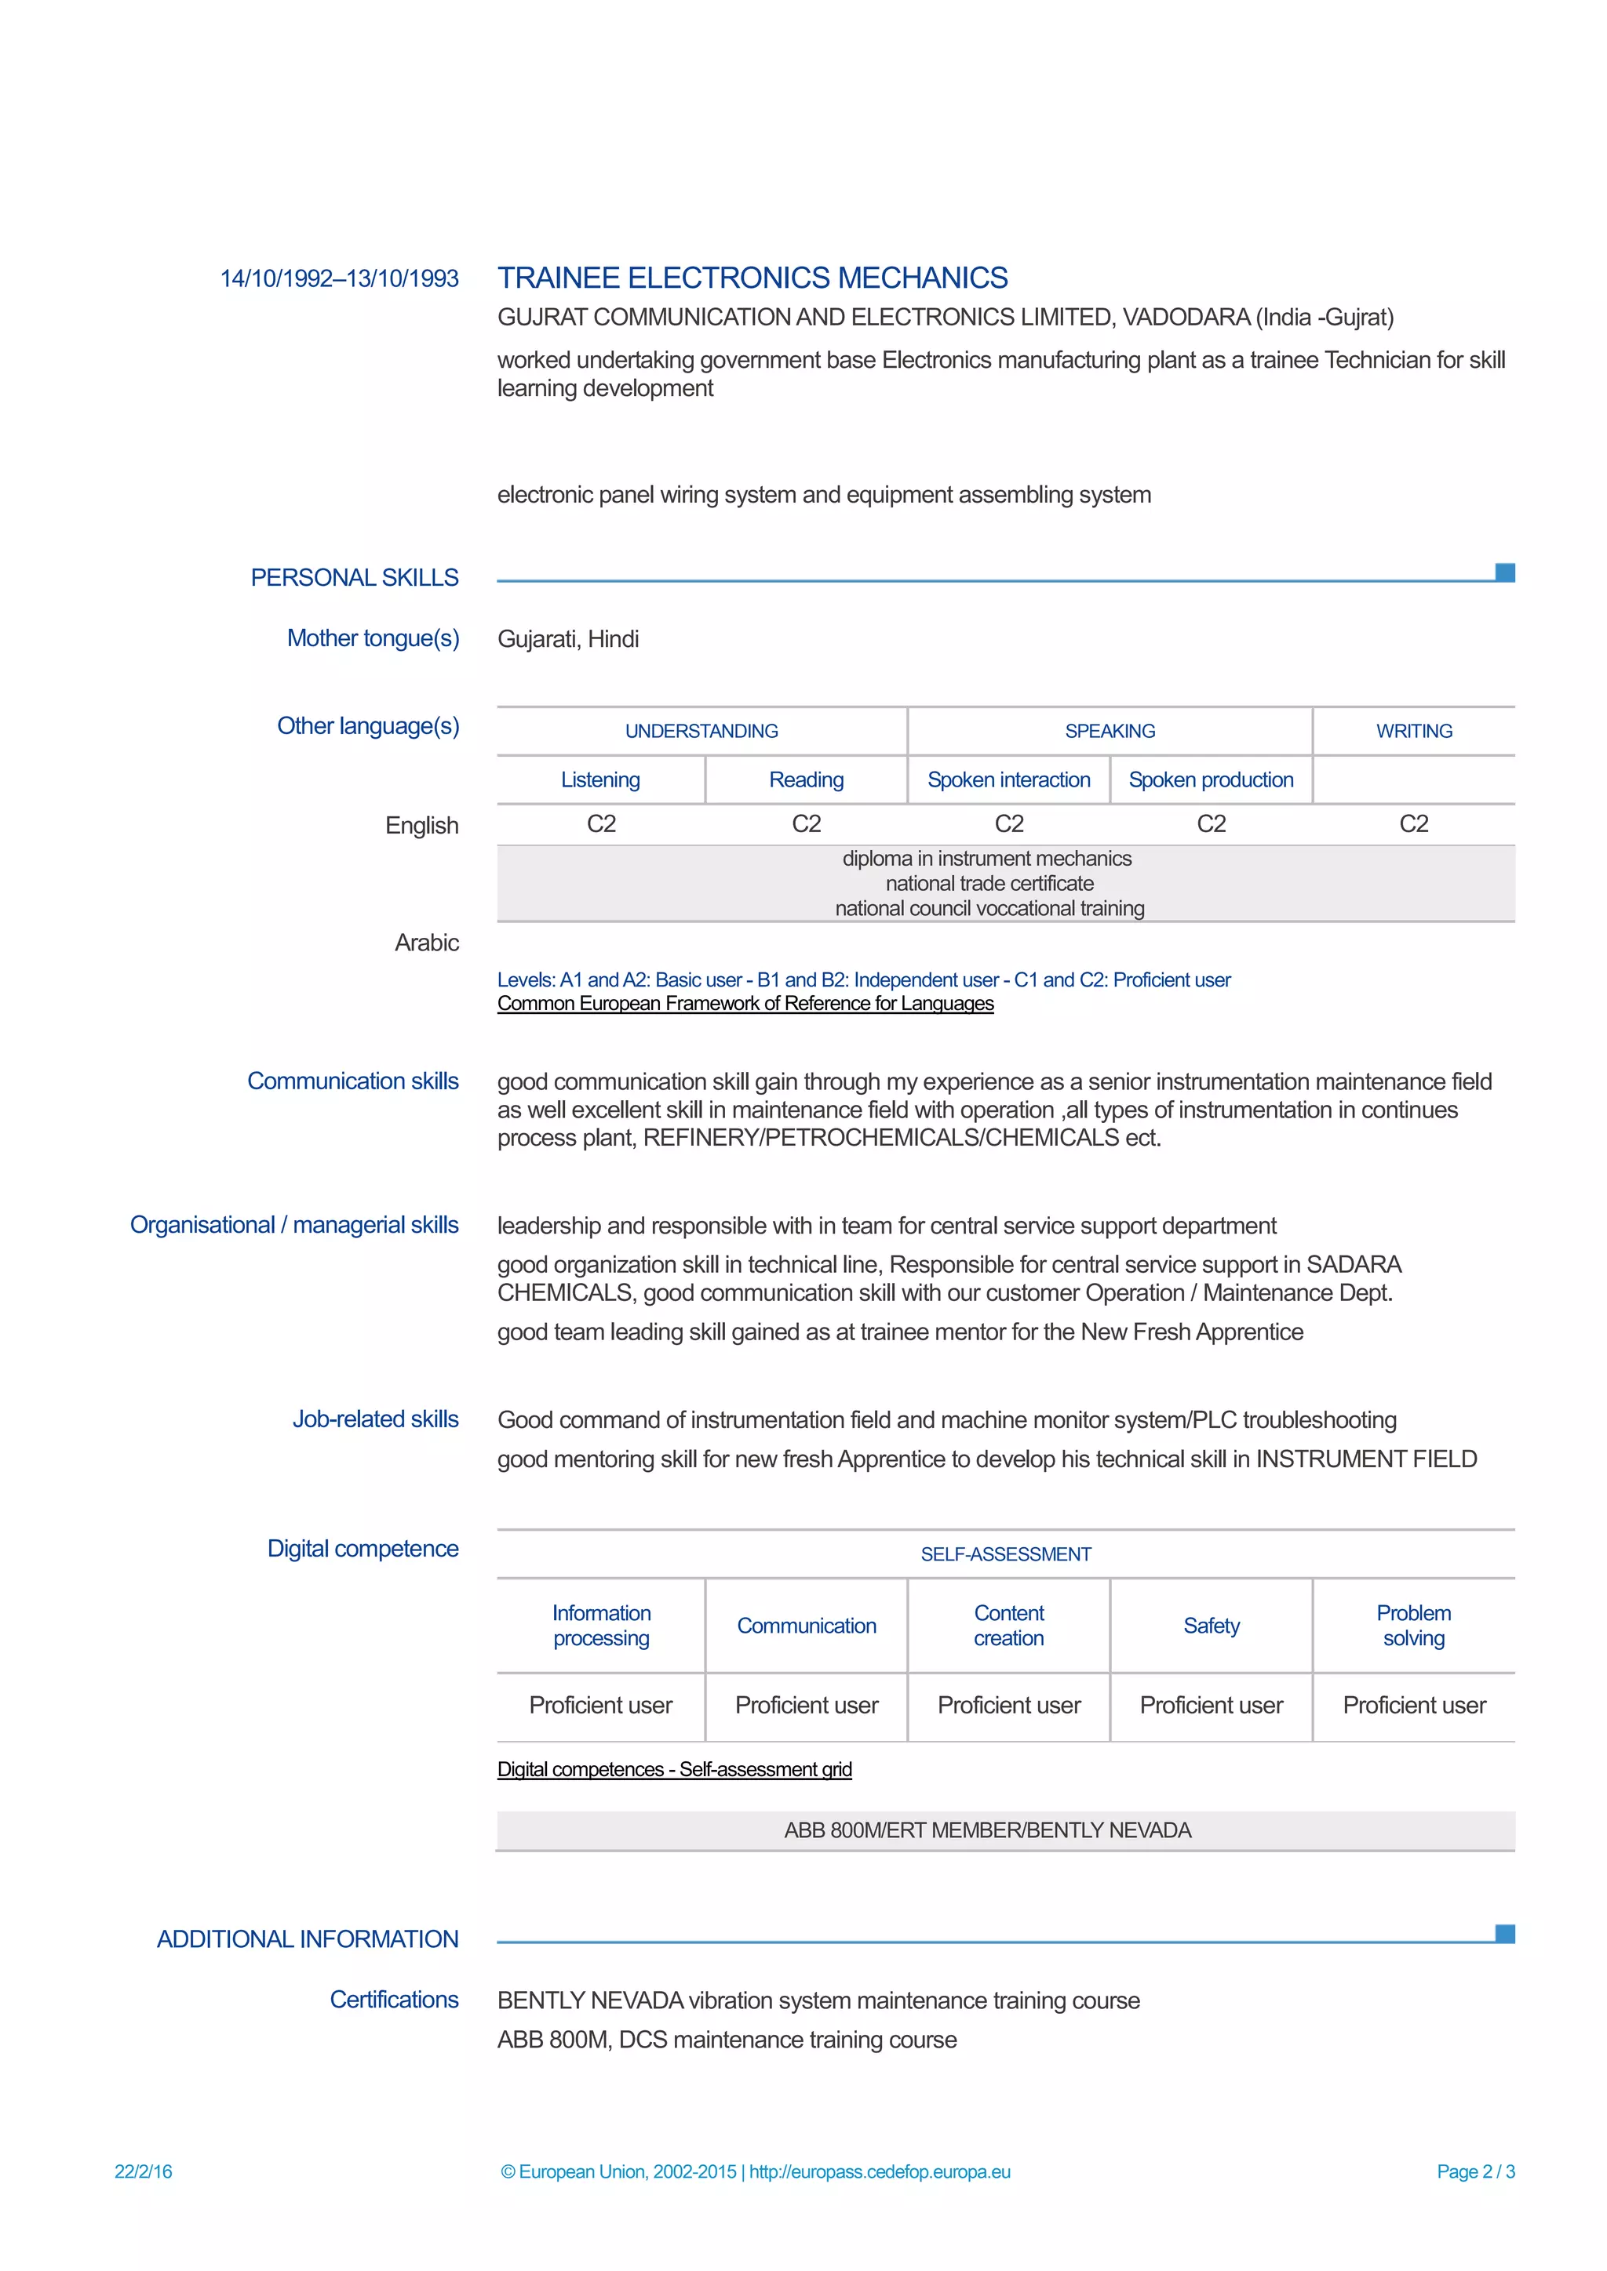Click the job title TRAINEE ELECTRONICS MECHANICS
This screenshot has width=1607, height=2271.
752,278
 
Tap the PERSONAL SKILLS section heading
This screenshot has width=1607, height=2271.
354,578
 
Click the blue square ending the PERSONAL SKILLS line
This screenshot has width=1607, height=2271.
1505,572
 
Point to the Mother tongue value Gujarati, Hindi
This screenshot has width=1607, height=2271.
568,639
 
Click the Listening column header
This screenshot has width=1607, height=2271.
600,779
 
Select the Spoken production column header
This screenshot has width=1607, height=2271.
1212,779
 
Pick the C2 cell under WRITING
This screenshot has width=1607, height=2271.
1413,824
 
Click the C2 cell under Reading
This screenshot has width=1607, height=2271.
807,824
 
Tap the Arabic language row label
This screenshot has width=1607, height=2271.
427,943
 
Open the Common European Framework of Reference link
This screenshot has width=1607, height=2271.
745,1004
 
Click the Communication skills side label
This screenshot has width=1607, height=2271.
352,1081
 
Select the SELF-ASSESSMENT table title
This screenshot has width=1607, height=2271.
1005,1554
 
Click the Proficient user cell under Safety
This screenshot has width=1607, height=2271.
1212,1706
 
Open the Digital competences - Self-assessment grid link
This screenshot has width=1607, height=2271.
674,1770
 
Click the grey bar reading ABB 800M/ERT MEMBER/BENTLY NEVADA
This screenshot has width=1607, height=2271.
1005,1831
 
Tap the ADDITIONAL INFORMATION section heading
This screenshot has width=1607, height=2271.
308,1939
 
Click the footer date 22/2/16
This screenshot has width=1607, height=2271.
144,2172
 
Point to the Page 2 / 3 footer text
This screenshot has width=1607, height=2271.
1475,2172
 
